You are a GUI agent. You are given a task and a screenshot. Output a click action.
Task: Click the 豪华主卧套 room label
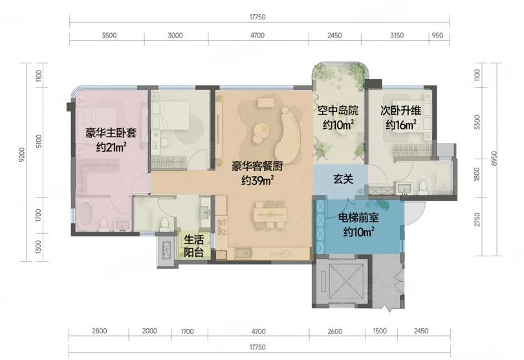(x=111, y=133)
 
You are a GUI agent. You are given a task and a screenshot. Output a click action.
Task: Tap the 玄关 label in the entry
(x=344, y=179)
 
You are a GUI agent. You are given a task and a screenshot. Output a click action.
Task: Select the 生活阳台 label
(x=194, y=246)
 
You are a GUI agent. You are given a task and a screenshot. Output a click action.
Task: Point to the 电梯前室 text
(x=358, y=218)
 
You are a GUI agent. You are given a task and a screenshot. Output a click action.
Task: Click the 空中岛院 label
(x=338, y=110)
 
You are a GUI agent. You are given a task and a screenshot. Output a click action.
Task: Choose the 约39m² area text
(x=257, y=181)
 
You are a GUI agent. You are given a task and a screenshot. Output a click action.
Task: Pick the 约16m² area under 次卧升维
(x=400, y=124)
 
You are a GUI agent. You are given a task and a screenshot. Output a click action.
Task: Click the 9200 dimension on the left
(x=23, y=155)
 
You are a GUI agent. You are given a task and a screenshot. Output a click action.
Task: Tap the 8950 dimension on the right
(x=495, y=159)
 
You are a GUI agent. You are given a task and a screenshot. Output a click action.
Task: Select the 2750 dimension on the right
(x=477, y=219)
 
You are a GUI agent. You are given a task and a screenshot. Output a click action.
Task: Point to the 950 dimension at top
(x=437, y=35)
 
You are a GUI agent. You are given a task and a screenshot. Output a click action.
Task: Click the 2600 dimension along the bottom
(x=335, y=331)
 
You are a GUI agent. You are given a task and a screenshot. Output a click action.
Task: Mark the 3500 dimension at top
(x=109, y=35)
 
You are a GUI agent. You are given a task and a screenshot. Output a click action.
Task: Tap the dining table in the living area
(x=270, y=214)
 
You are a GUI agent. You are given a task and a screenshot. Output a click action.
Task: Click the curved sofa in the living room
(x=289, y=134)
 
